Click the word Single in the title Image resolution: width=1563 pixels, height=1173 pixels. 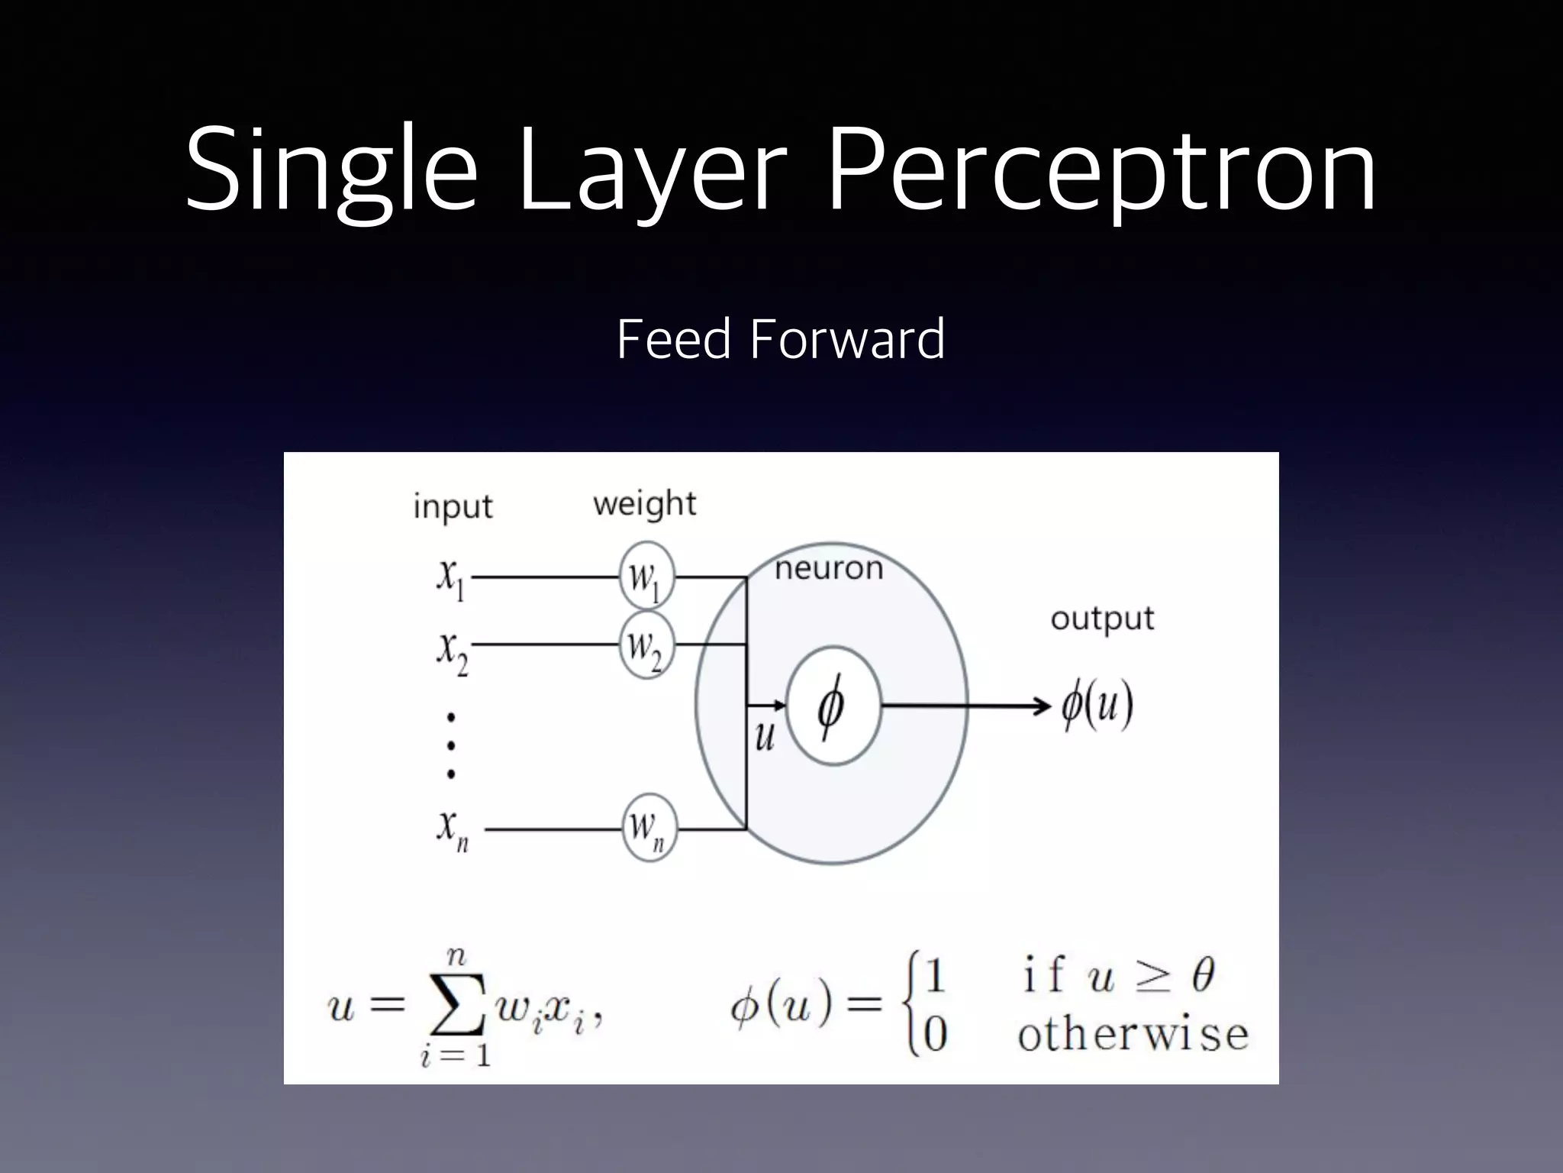click(x=330, y=170)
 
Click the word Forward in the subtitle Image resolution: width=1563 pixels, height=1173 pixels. click(x=847, y=339)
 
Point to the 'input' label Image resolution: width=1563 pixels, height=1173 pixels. click(x=453, y=506)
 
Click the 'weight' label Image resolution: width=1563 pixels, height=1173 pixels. click(x=645, y=504)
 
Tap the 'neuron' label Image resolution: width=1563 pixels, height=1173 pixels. click(x=829, y=568)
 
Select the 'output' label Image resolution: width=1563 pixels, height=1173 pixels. click(x=1102, y=619)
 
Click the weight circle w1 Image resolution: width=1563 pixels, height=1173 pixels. click(x=646, y=577)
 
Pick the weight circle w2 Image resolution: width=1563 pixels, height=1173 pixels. click(x=646, y=645)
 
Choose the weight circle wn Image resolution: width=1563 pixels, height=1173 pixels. click(x=649, y=829)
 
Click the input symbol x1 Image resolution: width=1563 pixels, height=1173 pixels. click(x=451, y=578)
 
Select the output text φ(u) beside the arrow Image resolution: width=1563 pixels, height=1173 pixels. click(x=1097, y=706)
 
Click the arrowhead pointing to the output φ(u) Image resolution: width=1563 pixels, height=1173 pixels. click(x=1043, y=706)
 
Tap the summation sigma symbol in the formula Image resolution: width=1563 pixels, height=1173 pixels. click(x=456, y=1007)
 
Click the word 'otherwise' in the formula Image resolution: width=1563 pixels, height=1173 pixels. click(x=1133, y=1036)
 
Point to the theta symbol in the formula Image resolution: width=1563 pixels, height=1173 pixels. click(x=1203, y=975)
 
